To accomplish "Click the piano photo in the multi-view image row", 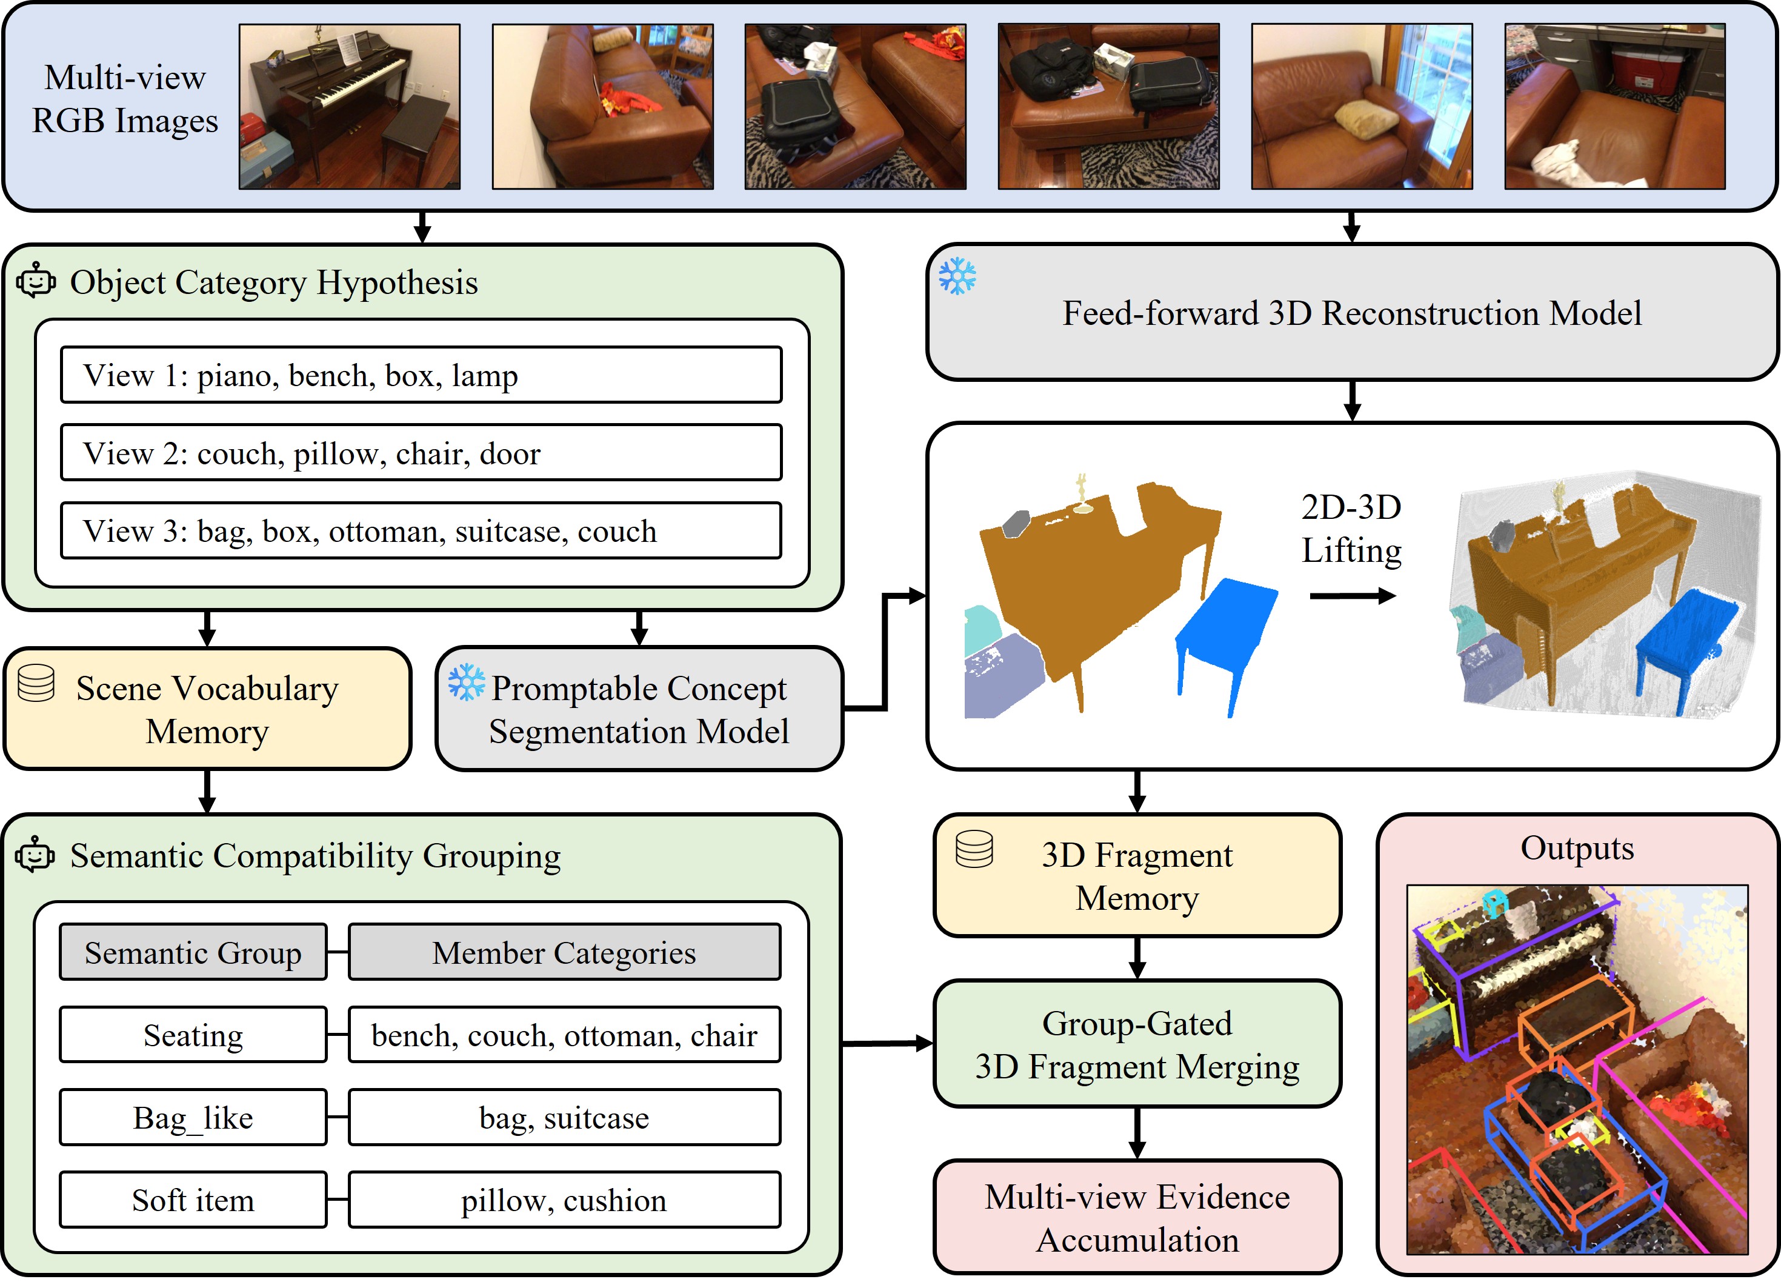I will coord(350,106).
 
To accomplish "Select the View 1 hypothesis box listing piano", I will coord(421,375).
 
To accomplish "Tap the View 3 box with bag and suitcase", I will coord(421,530).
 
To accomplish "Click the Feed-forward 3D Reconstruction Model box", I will coord(1351,313).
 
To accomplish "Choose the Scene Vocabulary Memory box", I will coord(207,709).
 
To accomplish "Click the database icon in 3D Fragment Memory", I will coord(974,849).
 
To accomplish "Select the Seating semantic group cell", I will coord(193,1035).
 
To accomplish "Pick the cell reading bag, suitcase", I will coord(564,1117).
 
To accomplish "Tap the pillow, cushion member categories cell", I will coord(564,1200).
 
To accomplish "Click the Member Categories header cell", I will coord(564,952).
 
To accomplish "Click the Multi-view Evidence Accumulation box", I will coord(1137,1217).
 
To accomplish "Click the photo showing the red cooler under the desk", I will coord(1614,106).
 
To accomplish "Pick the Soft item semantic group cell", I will coord(193,1200).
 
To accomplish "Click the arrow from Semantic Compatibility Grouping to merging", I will coord(887,1044).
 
